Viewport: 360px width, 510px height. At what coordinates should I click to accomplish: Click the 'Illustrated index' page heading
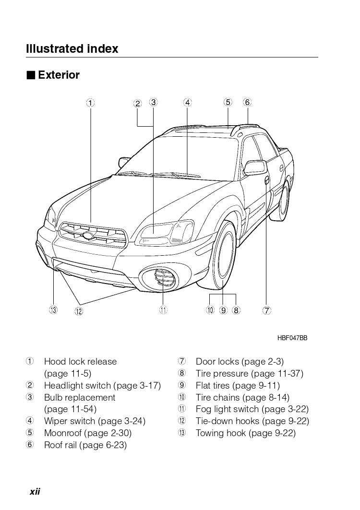72,48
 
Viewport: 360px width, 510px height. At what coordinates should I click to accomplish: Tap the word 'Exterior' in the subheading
59,75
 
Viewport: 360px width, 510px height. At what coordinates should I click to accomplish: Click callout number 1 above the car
90,102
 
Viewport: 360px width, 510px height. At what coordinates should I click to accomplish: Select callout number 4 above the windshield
188,102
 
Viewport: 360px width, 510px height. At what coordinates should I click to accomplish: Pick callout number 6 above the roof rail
247,102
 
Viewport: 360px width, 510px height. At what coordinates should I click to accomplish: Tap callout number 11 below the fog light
163,310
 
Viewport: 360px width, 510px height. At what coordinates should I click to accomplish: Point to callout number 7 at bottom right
266,310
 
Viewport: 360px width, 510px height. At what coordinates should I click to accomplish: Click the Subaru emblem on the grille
88,235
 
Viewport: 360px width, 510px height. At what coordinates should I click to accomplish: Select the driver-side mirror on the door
255,167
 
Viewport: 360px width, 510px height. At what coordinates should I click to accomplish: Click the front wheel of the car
223,257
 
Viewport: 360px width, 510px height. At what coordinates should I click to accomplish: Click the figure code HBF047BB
292,338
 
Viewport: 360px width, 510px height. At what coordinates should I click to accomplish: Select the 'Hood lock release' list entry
80,362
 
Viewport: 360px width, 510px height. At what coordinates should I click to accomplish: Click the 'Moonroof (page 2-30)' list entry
87,433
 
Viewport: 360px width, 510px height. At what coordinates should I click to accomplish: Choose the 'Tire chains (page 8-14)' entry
242,397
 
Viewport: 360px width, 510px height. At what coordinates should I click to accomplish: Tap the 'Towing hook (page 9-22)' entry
245,433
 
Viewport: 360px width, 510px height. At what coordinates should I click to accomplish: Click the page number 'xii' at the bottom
35,491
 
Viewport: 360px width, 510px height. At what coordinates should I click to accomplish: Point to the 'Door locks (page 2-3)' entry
240,362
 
